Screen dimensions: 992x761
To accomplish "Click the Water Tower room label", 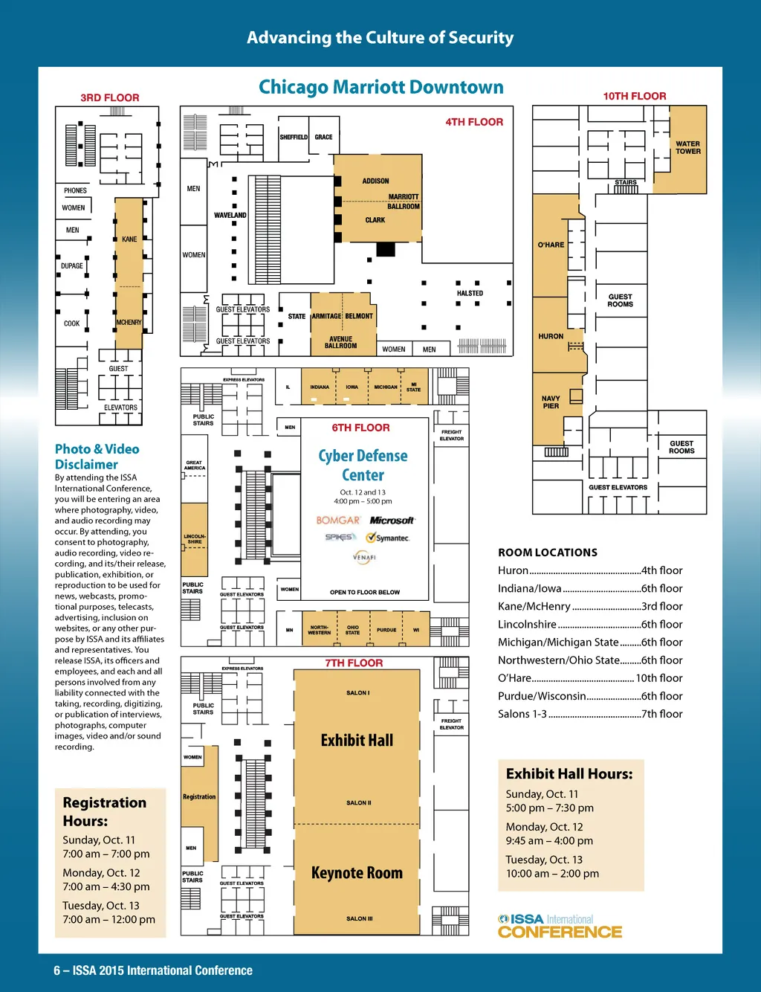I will pos(687,147).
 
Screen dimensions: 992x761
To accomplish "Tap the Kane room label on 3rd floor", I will pos(129,239).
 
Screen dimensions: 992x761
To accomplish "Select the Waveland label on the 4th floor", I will pos(230,216).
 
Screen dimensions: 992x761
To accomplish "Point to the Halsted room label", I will pos(470,294).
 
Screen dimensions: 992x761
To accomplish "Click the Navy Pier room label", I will pos(551,402).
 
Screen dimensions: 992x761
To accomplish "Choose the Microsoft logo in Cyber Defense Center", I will pos(392,521).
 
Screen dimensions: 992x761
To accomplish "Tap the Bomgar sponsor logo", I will pos(338,521).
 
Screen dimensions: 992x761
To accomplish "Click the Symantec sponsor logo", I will pos(387,538).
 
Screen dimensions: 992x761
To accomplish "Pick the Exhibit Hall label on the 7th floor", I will pos(357,740).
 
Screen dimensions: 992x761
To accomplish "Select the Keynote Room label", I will pos(357,873).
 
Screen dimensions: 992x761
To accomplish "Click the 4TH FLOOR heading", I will pos(474,122).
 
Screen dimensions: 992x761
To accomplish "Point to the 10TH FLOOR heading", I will pos(634,96).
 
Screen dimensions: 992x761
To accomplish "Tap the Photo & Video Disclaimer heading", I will pos(97,457).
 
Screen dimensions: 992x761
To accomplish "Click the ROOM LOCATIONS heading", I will pos(548,553).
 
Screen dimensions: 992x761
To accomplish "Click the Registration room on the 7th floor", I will pos(199,797).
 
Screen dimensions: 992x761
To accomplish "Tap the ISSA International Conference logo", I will pos(560,926).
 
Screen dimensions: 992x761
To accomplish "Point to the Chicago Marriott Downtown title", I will pos(380,87).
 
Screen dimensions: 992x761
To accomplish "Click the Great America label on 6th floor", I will pos(194,466).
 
